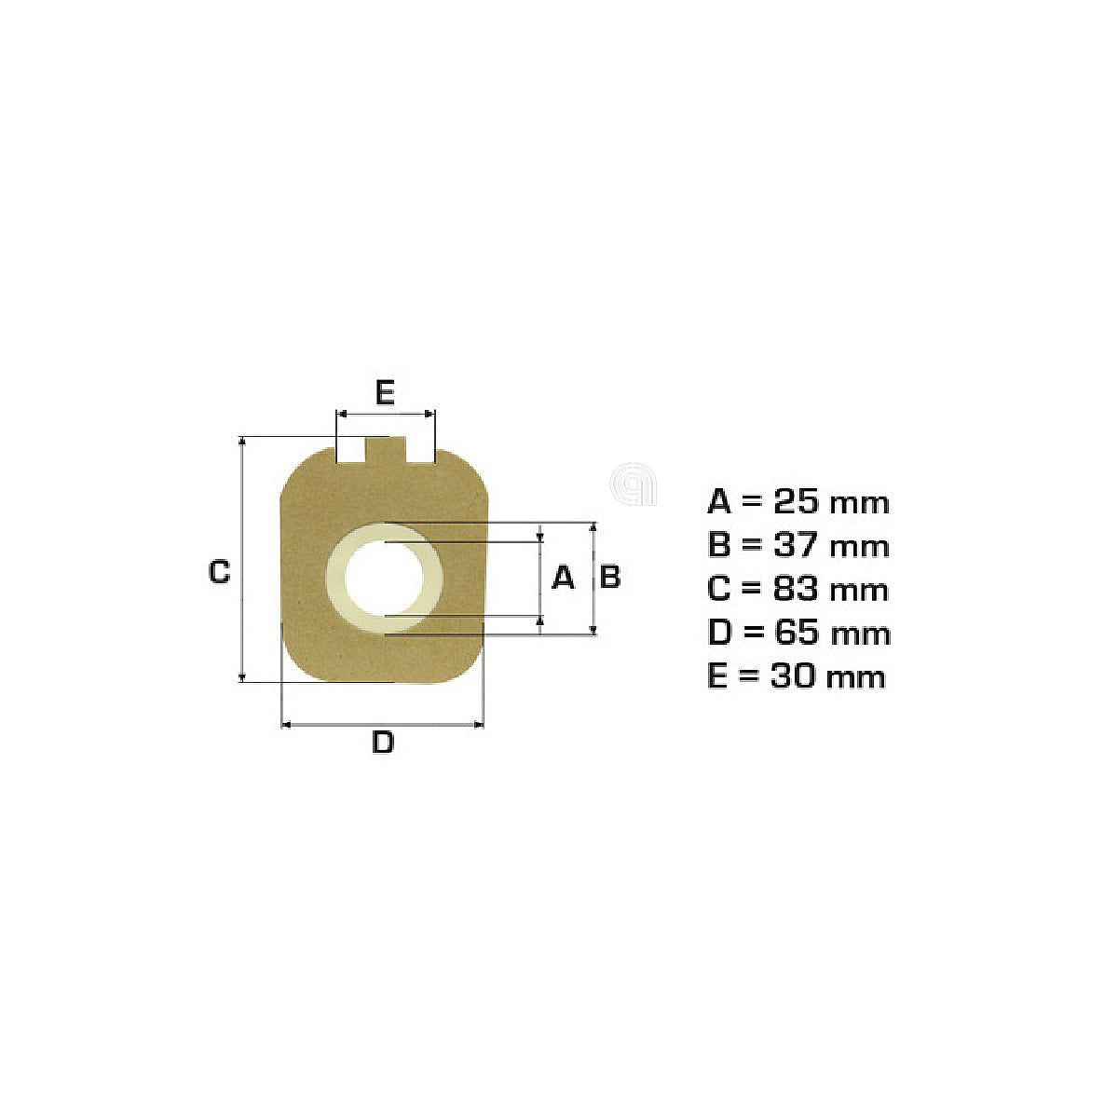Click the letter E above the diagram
(385, 392)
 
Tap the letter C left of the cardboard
(219, 571)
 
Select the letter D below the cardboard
(383, 742)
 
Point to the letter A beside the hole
(562, 578)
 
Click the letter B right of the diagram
(609, 577)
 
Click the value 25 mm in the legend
(831, 502)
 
